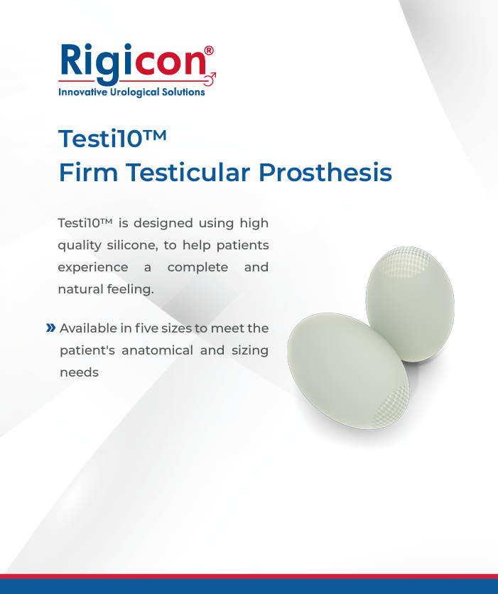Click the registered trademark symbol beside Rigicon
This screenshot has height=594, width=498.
[x=209, y=50]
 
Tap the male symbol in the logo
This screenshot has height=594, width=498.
[x=210, y=79]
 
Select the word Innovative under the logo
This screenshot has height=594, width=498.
[x=83, y=92]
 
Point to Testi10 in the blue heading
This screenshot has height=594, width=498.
[x=112, y=138]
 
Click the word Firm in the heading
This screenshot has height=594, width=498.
[x=89, y=173]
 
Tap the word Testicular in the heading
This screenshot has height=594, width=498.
[x=188, y=173]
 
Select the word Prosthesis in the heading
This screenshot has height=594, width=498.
[x=325, y=173]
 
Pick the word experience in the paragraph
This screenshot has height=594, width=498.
[x=93, y=268]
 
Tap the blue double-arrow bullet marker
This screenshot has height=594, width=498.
[x=50, y=328]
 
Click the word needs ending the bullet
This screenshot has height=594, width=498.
[x=79, y=373]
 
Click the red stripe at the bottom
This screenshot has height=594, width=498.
[x=249, y=576]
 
